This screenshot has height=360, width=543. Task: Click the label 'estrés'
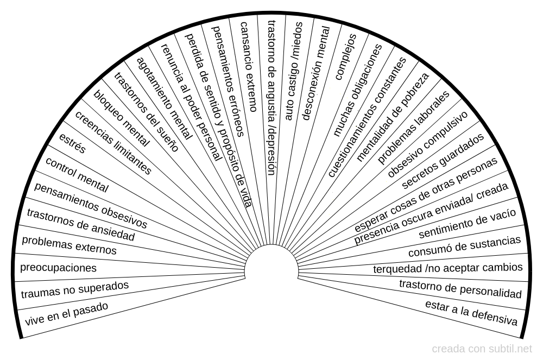point(72,143)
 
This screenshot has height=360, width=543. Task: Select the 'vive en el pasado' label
point(66,314)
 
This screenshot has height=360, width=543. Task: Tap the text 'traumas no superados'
point(75,290)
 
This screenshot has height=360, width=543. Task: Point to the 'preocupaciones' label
point(58,268)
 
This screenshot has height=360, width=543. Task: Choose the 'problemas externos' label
point(69,245)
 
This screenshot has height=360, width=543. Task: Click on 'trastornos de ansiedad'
point(80,225)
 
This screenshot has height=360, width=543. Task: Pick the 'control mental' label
point(77,175)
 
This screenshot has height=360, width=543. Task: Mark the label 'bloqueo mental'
point(122,118)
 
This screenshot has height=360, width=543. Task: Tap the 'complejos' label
point(346,56)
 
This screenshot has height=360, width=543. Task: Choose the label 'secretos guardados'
point(443,161)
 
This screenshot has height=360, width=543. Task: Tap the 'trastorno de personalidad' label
point(460,288)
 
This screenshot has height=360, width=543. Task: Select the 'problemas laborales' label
point(414,127)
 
